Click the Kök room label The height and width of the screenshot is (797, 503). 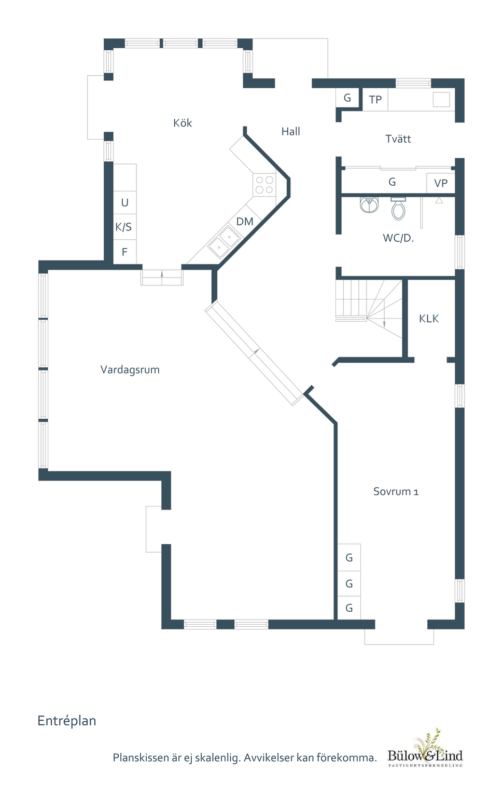click(183, 123)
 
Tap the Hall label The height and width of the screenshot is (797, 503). click(291, 131)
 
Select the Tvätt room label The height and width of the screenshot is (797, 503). click(398, 139)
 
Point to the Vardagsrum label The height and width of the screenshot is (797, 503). click(130, 369)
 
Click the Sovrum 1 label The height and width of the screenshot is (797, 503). click(396, 491)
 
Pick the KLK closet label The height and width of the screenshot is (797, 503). click(429, 319)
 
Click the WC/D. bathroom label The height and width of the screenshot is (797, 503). click(398, 238)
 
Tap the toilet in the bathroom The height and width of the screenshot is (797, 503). click(398, 209)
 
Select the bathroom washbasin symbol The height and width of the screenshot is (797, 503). click(369, 204)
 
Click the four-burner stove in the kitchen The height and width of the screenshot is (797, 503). click(264, 185)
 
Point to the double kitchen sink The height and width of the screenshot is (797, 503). click(224, 242)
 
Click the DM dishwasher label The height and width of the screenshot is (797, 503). click(245, 222)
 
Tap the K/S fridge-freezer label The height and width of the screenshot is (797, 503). click(124, 227)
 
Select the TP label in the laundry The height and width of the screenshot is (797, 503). click(375, 100)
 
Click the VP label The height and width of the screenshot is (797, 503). click(441, 183)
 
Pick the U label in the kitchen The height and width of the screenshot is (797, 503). click(125, 202)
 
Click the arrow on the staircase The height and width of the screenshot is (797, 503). click(384, 313)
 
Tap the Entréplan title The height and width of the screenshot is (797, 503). click(67, 721)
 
